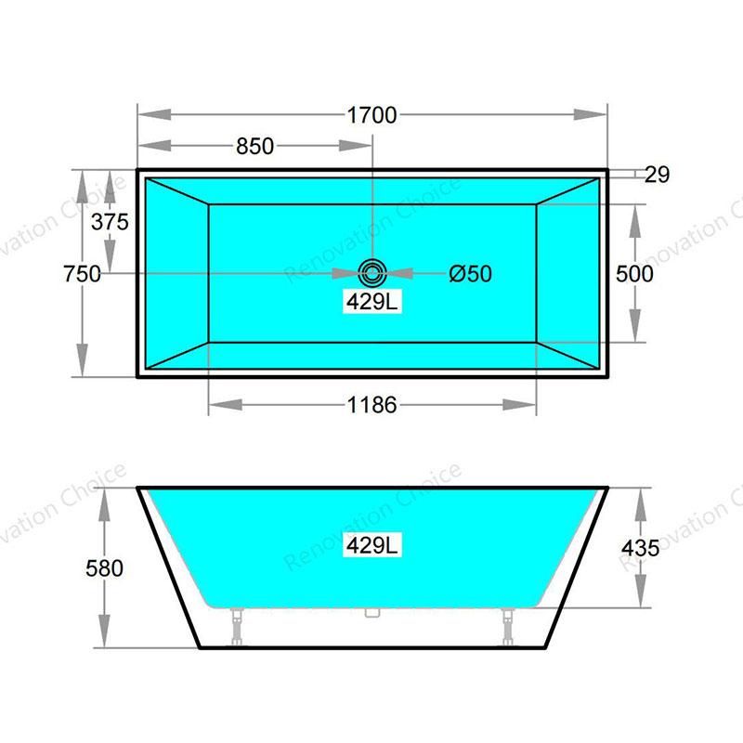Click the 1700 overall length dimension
[372, 115]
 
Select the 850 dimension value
[254, 146]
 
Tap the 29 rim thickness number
[658, 175]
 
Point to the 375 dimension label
[110, 222]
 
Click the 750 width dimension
[82, 274]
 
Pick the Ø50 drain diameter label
[471, 274]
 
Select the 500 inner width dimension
[634, 274]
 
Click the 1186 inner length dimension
[372, 405]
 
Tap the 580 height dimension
[104, 568]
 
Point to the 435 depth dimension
[641, 548]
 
